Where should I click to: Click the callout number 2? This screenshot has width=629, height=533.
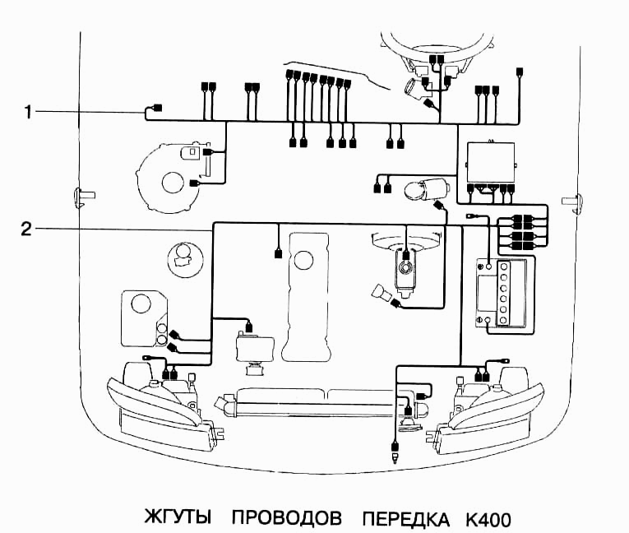[27, 229]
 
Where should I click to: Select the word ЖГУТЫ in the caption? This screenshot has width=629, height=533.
[178, 519]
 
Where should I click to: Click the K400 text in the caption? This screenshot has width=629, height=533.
[488, 519]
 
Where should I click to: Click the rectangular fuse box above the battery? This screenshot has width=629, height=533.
[490, 164]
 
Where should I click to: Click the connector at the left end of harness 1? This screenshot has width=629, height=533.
[158, 108]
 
